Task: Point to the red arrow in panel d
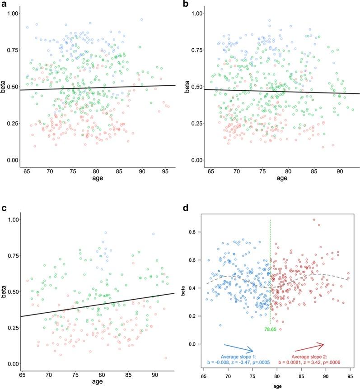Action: [310, 347]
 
